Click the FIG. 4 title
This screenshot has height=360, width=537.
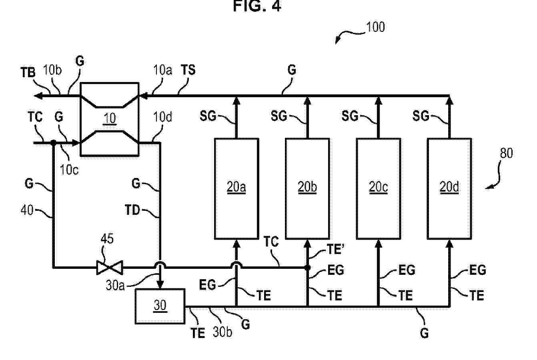point(257,7)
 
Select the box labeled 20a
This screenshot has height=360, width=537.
point(236,188)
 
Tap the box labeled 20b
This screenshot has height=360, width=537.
point(307,188)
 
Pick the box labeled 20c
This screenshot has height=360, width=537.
point(378,188)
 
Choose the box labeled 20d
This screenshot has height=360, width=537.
point(449,188)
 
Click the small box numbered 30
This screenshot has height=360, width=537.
point(160,306)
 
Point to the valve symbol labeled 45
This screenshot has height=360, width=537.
point(110,267)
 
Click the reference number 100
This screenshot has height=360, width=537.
point(375,27)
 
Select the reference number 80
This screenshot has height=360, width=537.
point(506,153)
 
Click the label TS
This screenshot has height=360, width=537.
point(188,70)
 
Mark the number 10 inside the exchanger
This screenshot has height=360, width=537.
point(110,118)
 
